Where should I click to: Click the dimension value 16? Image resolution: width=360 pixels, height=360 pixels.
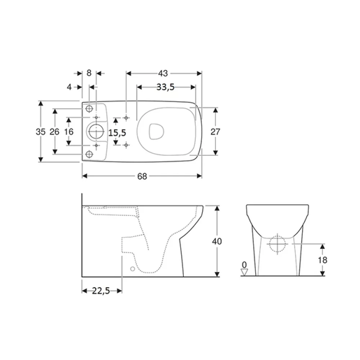[69, 132]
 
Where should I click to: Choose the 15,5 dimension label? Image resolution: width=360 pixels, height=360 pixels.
[118, 132]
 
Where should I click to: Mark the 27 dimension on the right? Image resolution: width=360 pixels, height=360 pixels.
[217, 132]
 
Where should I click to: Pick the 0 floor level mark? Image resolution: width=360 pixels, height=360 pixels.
[243, 264]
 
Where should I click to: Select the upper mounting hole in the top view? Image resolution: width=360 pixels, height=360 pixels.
[89, 109]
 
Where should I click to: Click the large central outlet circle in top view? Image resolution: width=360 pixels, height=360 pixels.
[96, 131]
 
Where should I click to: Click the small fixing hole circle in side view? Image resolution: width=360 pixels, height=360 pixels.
[132, 268]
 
